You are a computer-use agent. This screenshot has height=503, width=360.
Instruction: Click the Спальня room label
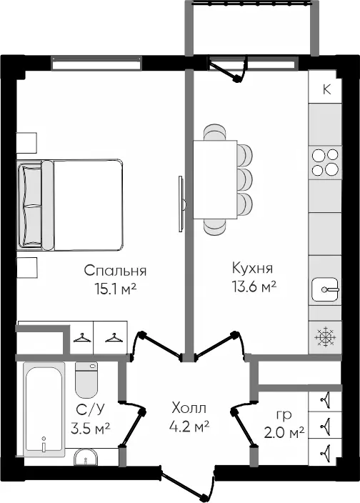click(115, 270)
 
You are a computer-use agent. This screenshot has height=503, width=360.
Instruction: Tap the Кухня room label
click(252, 268)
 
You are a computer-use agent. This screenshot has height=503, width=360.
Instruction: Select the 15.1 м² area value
click(116, 289)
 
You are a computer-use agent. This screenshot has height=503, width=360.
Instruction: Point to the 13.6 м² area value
click(254, 287)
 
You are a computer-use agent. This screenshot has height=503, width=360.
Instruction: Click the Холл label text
click(189, 408)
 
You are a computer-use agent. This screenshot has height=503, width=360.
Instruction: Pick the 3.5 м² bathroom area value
click(91, 428)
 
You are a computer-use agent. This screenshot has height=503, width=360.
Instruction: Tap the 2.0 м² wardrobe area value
click(284, 433)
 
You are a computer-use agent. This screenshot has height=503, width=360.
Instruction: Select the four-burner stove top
click(325, 162)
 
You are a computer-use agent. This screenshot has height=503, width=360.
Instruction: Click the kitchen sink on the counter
click(326, 289)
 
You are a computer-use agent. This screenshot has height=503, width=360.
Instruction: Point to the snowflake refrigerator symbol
click(325, 337)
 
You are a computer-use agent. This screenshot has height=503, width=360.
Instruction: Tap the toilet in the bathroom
click(86, 379)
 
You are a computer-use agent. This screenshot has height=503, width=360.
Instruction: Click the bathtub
click(44, 409)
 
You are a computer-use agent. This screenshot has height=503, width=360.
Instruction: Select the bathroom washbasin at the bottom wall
click(86, 457)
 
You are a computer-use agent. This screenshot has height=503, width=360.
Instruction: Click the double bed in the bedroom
click(70, 205)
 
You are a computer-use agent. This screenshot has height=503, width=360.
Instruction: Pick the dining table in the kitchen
click(215, 179)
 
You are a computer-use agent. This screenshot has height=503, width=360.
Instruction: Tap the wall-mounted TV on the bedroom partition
click(181, 204)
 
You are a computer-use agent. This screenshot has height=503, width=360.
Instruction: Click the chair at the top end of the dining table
click(214, 132)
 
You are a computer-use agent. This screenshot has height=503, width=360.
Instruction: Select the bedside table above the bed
click(26, 143)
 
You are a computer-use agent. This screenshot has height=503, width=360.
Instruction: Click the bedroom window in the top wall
click(96, 63)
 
